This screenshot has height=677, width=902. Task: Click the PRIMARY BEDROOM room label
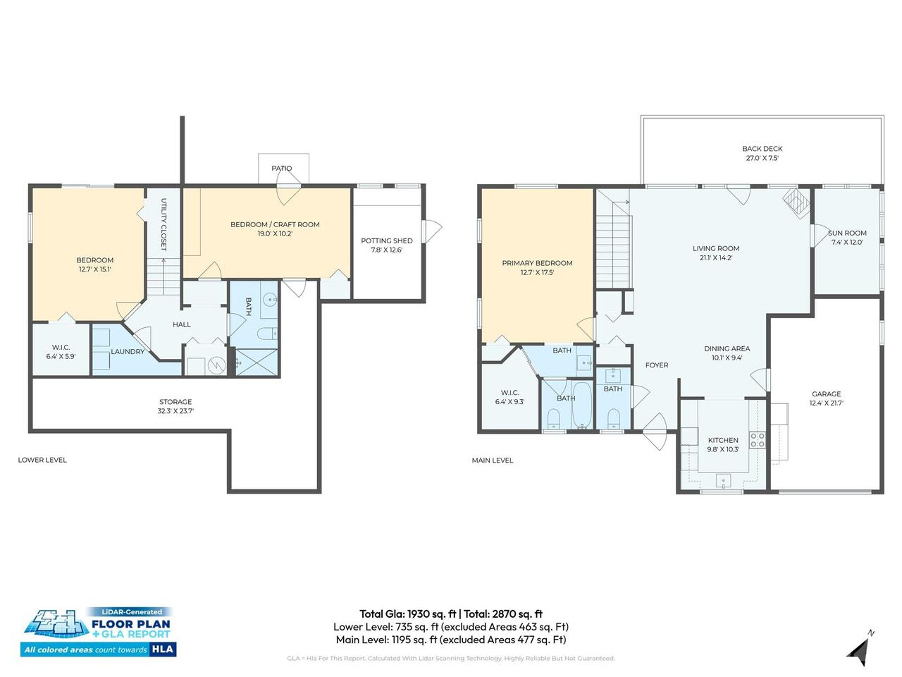click(537, 263)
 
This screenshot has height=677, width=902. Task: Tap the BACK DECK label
click(762, 149)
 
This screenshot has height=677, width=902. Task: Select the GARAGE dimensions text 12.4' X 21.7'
click(826, 403)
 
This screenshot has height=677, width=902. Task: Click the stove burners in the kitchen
click(758, 440)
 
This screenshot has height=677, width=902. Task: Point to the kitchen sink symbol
click(723, 480)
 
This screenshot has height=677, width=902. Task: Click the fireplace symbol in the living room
click(796, 203)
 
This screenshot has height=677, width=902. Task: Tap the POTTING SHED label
click(386, 241)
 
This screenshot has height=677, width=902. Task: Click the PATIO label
click(281, 168)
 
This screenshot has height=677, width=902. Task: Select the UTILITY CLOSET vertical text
click(163, 224)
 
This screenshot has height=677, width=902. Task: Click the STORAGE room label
click(175, 401)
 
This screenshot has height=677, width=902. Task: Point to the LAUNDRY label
click(128, 351)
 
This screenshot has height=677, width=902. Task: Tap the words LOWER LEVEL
click(42, 460)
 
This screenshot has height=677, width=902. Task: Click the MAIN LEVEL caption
click(493, 461)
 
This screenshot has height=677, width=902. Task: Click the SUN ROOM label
click(847, 233)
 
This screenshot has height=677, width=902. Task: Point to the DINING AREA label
click(727, 348)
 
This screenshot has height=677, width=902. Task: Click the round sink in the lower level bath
click(270, 298)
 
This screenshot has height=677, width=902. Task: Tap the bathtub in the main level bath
click(581, 405)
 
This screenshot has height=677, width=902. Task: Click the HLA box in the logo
click(163, 649)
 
